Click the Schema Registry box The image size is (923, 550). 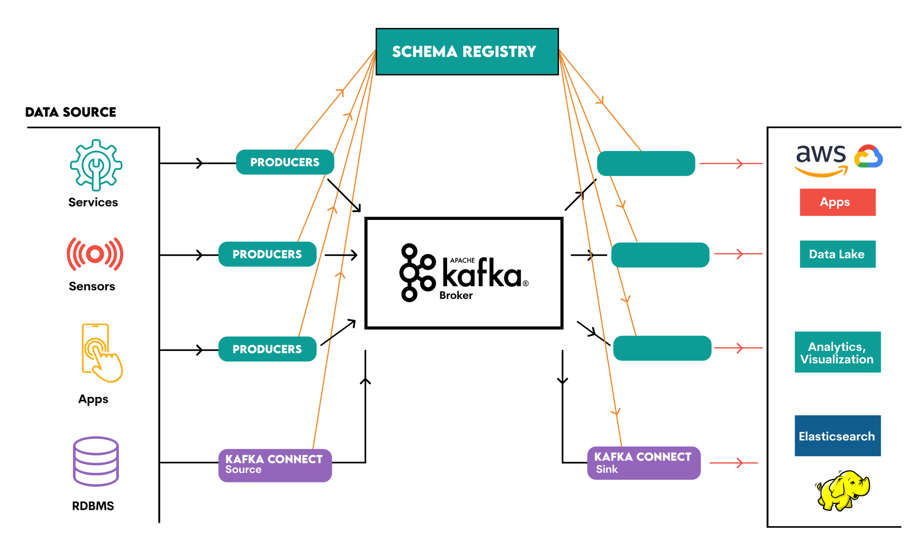click(x=467, y=52)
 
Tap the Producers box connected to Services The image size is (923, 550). click(x=285, y=162)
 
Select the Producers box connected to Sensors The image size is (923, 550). click(x=267, y=255)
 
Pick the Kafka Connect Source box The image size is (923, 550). click(x=275, y=465)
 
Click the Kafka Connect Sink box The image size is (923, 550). click(x=644, y=463)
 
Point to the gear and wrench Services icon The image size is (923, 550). click(x=96, y=165)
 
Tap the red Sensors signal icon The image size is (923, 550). click(x=95, y=254)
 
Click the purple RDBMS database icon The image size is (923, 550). click(x=96, y=461)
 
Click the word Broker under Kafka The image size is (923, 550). click(x=456, y=295)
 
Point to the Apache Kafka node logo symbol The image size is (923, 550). click(x=416, y=273)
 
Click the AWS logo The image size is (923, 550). click(x=821, y=160)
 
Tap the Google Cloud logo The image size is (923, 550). click(x=868, y=156)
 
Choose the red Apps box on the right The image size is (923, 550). click(x=837, y=202)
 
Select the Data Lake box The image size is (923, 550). click(x=837, y=254)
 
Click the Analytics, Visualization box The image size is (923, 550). click(x=837, y=352)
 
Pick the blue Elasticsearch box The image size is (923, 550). click(x=837, y=436)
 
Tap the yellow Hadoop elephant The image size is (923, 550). click(x=843, y=491)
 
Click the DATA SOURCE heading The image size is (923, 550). click(x=71, y=112)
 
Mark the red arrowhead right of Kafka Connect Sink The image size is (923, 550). click(x=740, y=463)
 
